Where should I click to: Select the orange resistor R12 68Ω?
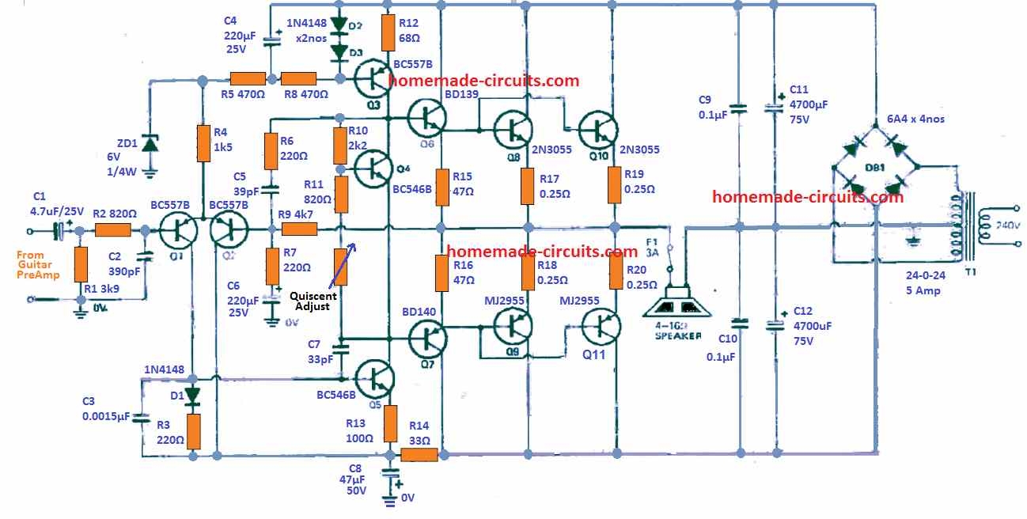pos(388,32)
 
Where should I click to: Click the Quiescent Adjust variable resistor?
pos(341,265)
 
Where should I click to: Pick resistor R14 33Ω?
pos(419,455)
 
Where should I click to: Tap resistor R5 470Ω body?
pos(247,79)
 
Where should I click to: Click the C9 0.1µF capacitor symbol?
pos(738,108)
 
